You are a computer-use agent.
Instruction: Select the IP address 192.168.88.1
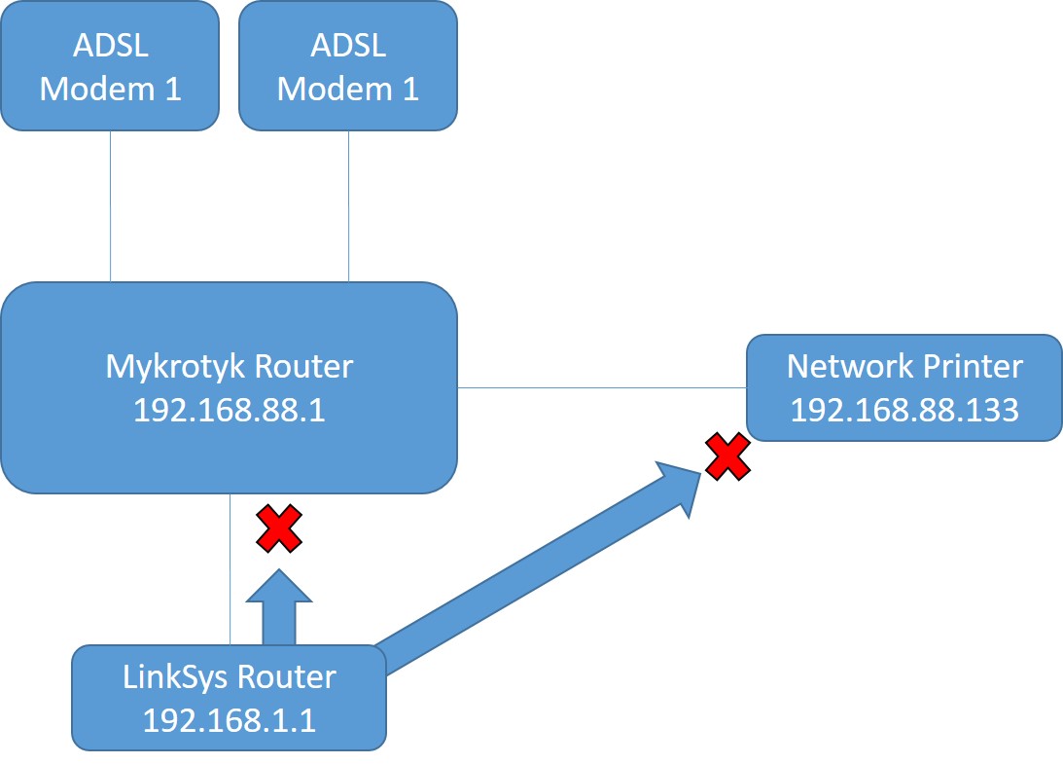[x=229, y=410]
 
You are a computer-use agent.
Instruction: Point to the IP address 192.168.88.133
[x=904, y=410]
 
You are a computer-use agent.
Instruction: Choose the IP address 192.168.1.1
[x=229, y=719]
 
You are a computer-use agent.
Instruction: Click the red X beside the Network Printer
[x=727, y=457]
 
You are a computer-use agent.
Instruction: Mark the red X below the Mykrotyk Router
[x=279, y=528]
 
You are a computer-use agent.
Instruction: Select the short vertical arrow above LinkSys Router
[x=278, y=608]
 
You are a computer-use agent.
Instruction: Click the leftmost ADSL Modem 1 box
[x=110, y=66]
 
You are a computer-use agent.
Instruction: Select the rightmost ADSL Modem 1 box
[x=348, y=66]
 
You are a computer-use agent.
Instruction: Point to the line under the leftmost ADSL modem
[x=110, y=205]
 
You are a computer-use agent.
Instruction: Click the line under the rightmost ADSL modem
[x=348, y=205]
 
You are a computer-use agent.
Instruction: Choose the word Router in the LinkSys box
[x=289, y=676]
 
